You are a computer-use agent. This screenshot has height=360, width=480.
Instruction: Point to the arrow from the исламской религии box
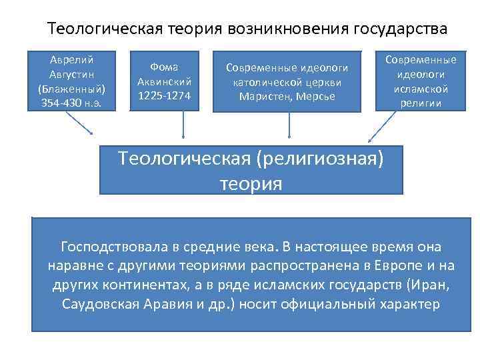point(381,127)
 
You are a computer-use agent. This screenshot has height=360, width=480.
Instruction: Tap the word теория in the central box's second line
point(251,183)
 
